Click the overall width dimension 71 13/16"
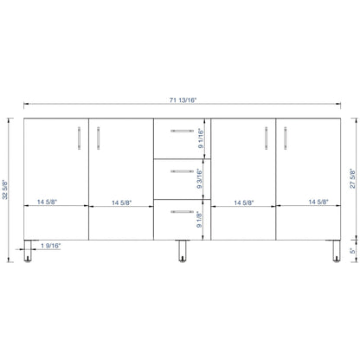coord(183,100)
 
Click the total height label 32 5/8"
coord(5,190)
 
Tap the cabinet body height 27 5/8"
coord(353,178)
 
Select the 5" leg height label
coord(352,251)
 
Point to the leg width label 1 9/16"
coord(51,246)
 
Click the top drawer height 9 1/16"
coord(201,138)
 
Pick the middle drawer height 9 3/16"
coord(200,178)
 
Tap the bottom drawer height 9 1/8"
coord(199,220)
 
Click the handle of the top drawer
coord(182,131)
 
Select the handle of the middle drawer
coord(182,171)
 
